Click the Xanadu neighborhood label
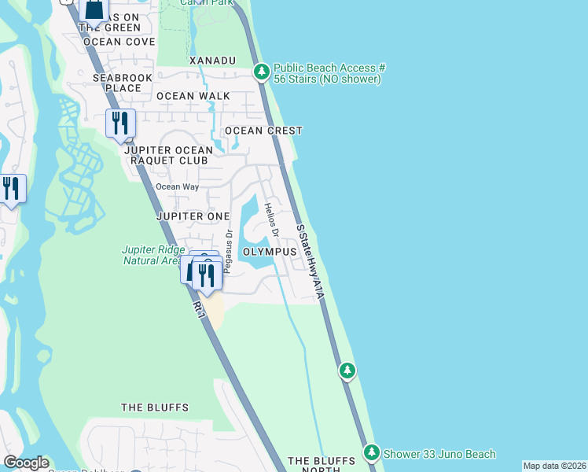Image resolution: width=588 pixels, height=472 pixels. click(212, 61)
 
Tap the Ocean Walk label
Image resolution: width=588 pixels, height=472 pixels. click(193, 96)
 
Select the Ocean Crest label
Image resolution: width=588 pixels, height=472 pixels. click(263, 131)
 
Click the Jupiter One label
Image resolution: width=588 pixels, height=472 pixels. click(193, 216)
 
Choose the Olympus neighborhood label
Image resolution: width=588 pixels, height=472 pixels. click(269, 252)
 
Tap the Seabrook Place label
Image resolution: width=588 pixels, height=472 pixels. click(116, 83)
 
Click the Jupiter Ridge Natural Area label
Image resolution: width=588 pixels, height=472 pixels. click(152, 255)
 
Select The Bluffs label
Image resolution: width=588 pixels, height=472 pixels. click(155, 407)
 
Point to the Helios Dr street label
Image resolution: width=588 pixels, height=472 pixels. click(272, 220)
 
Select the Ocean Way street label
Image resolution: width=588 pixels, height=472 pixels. click(177, 187)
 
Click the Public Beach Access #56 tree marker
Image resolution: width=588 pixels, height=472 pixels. click(262, 72)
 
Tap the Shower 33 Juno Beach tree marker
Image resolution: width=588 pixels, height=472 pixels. click(372, 452)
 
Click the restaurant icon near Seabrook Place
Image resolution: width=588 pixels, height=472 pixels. click(120, 124)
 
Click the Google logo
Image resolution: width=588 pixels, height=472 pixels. click(26, 463)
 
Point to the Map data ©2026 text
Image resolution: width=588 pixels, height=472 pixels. click(555, 466)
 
